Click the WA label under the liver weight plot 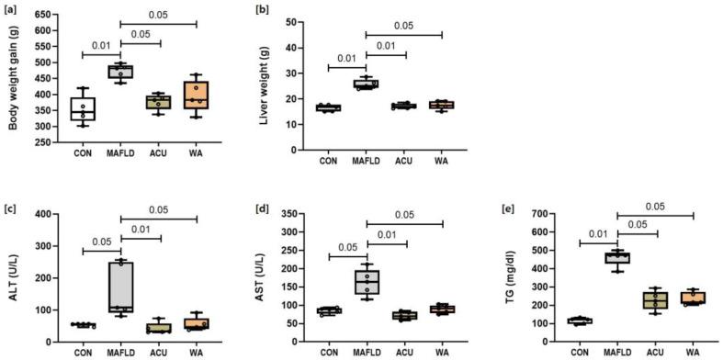point(442,163)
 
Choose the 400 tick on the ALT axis point(43,215)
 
